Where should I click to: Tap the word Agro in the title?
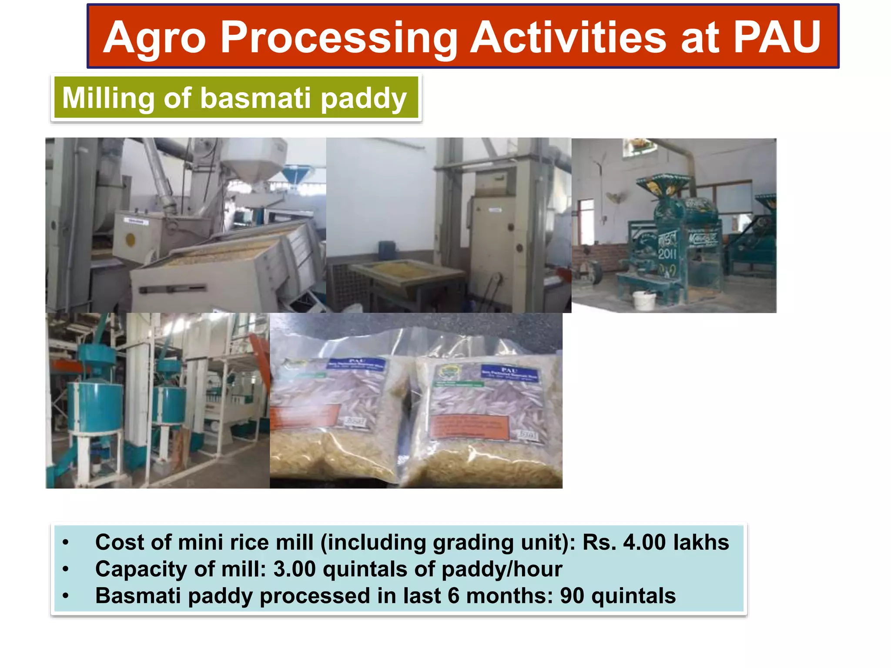154,39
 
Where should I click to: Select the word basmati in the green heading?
255,98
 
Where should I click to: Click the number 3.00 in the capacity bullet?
294,569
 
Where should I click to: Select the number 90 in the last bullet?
572,596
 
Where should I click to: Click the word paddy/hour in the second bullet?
502,570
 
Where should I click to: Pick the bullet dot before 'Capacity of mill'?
65,569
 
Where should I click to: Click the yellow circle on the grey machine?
131,239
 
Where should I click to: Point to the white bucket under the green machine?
643,300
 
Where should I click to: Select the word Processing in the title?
339,39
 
